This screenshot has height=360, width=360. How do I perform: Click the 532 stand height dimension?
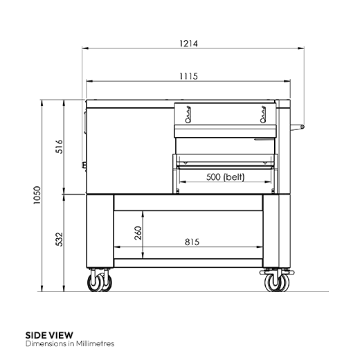coord(59,239)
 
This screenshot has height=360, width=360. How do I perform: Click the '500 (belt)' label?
coord(226,177)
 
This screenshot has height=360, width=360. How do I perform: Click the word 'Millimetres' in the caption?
coord(93,343)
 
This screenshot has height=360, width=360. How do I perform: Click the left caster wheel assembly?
coord(98,281)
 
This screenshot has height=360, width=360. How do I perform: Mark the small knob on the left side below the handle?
coord(84,165)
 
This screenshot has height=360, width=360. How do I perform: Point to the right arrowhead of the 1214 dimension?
coord(303,49)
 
